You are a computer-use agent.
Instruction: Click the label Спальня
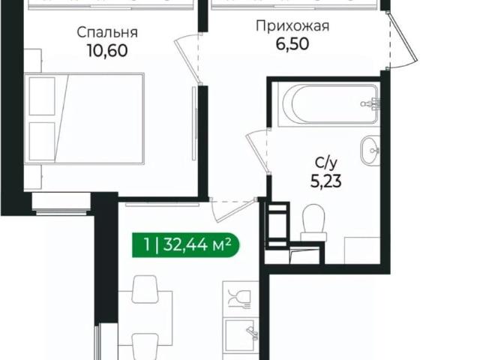coord(107,32)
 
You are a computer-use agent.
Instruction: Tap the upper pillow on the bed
coord(42,96)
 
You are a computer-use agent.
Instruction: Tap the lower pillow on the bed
coord(42,140)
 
